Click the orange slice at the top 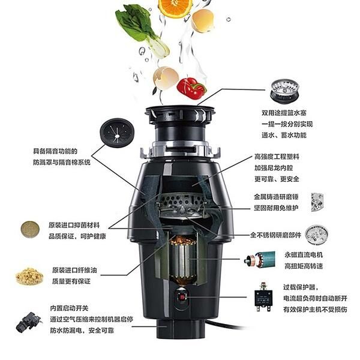click(175, 7)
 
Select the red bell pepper click(191, 88)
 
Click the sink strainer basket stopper click(284, 91)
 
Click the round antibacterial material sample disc click(30, 229)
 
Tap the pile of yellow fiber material click(29, 276)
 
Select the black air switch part click(28, 322)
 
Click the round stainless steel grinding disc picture click(316, 235)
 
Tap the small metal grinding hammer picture click(317, 202)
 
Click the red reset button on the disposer click(182, 298)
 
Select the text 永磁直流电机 click(304, 255)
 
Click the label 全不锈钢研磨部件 click(275, 235)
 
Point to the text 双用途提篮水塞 click(284, 113)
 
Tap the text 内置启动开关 click(69, 308)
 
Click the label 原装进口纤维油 click(74, 270)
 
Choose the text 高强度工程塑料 click(277, 157)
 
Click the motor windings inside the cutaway click(183, 262)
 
